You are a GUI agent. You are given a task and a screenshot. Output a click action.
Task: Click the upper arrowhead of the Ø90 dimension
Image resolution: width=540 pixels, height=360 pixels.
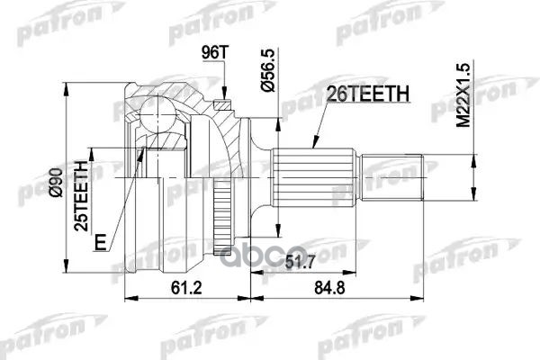pyautogui.click(x=65, y=86)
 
